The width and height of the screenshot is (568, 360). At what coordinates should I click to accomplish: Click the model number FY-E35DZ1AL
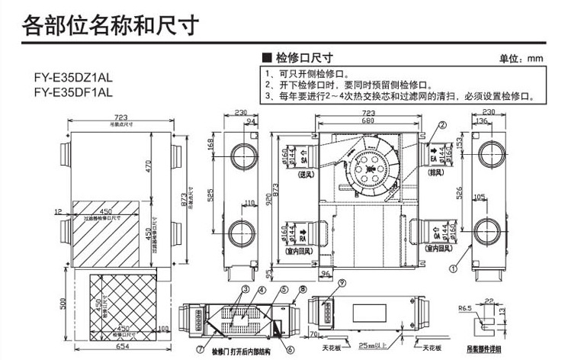pyautogui.click(x=74, y=78)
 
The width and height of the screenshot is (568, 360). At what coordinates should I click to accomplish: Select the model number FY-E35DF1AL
pyautogui.click(x=74, y=92)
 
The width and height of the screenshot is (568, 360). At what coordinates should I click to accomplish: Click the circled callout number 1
pyautogui.click(x=452, y=268)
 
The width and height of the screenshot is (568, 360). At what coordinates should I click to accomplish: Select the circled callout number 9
pyautogui.click(x=321, y=283)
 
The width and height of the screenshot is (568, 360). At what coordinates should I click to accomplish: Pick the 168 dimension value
pyautogui.click(x=211, y=145)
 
